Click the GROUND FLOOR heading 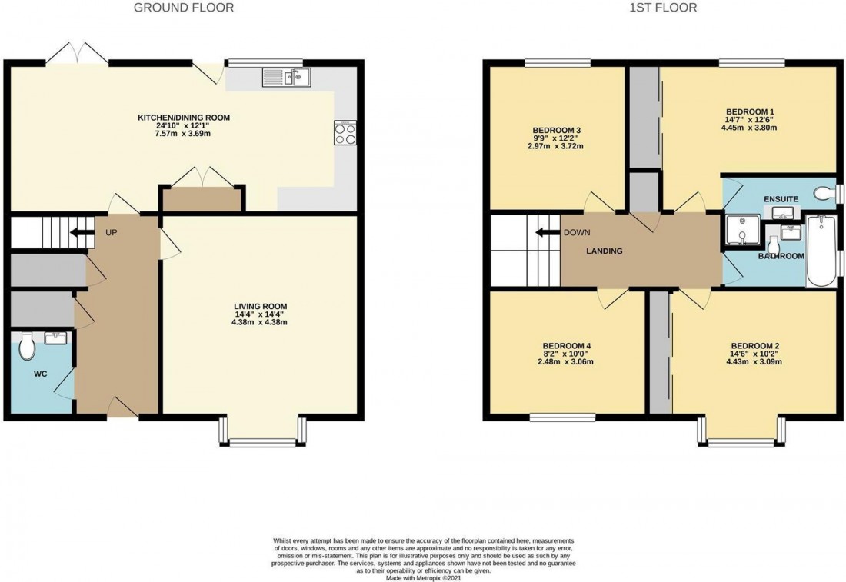coord(184,8)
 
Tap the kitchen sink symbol coord(286,76)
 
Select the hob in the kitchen coord(345,134)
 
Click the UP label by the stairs coord(112,232)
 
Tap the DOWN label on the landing coord(577,233)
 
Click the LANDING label coord(605,251)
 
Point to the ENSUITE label coord(781,199)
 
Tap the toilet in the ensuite coord(824,192)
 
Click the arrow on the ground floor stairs coord(78,232)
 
